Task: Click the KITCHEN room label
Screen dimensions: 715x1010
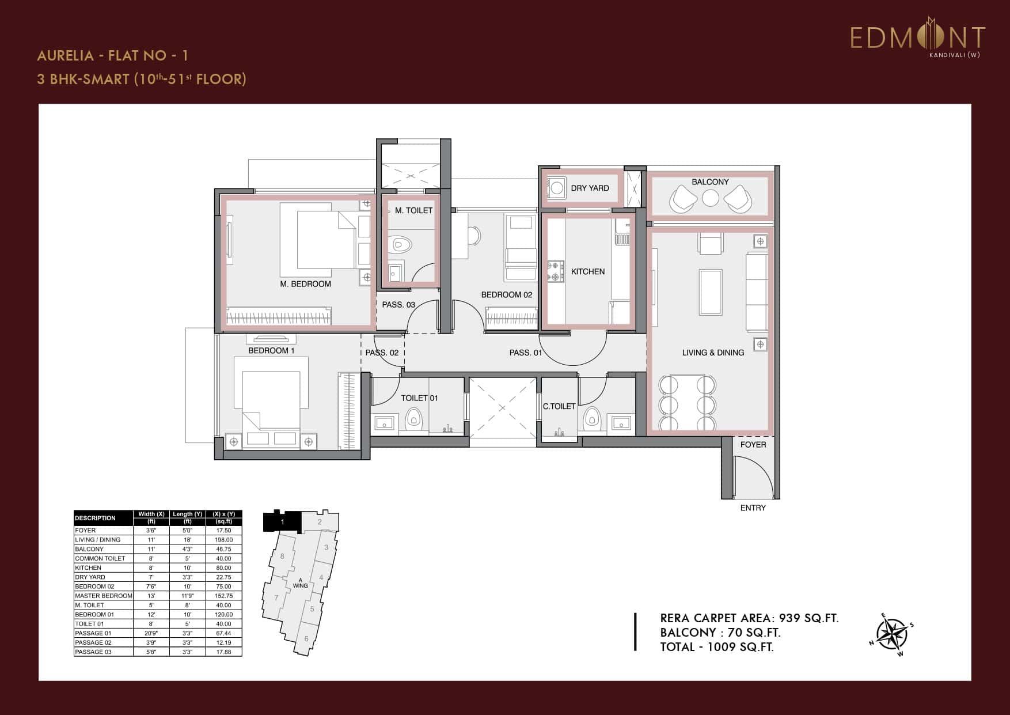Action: tap(587, 271)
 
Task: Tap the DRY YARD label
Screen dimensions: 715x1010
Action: tap(590, 188)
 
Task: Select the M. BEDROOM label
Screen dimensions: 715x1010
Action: tap(305, 283)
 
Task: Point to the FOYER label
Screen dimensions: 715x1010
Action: tap(753, 444)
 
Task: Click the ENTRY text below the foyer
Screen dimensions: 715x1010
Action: tap(753, 508)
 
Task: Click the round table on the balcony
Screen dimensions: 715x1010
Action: tap(711, 198)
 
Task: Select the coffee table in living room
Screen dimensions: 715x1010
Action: tap(711, 292)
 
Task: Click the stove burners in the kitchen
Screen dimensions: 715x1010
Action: tap(556, 271)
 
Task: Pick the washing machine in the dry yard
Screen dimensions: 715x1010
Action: tap(556, 187)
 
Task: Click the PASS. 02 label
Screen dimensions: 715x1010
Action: tap(382, 353)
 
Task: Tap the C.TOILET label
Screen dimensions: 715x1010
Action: tap(559, 406)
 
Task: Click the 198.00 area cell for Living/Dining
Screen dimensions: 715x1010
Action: tap(223, 540)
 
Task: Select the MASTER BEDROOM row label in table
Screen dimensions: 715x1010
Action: tap(104, 596)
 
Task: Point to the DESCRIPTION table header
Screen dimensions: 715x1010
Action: tap(96, 518)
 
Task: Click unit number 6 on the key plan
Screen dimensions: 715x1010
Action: tap(306, 638)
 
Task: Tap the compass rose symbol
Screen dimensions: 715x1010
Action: tap(892, 635)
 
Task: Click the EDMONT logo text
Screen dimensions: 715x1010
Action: tap(917, 37)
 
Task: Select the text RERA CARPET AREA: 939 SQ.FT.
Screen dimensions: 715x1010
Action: tap(749, 618)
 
